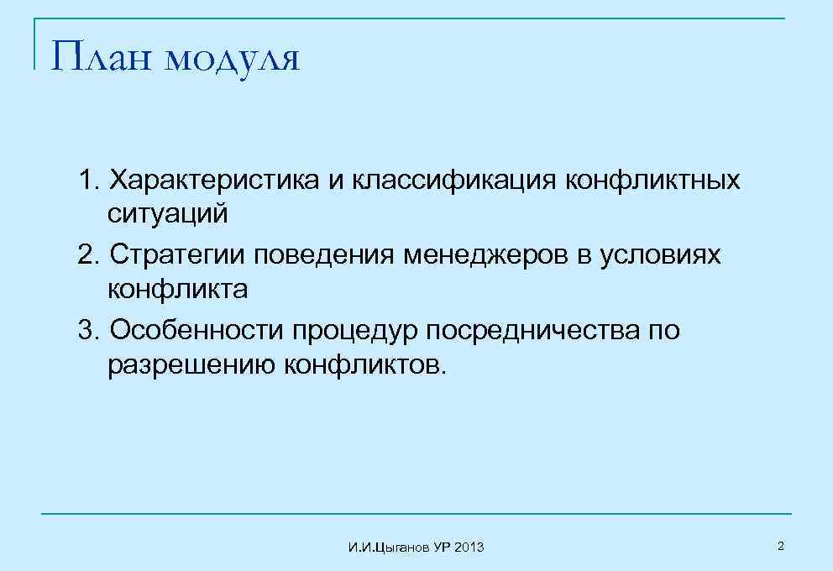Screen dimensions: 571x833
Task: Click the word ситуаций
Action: (x=167, y=214)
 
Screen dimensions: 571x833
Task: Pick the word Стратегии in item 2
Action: (x=177, y=255)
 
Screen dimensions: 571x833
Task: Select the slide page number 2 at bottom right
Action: (x=780, y=547)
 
